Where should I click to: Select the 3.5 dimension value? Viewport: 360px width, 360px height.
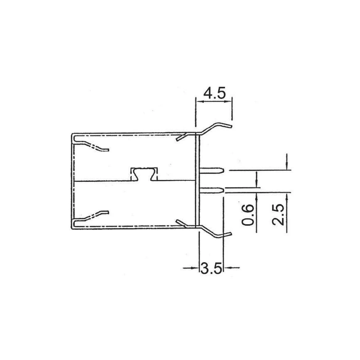coord(211,269)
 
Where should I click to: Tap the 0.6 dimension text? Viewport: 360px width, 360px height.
coord(248,215)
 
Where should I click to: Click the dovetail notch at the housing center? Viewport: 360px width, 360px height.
coord(144,174)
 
